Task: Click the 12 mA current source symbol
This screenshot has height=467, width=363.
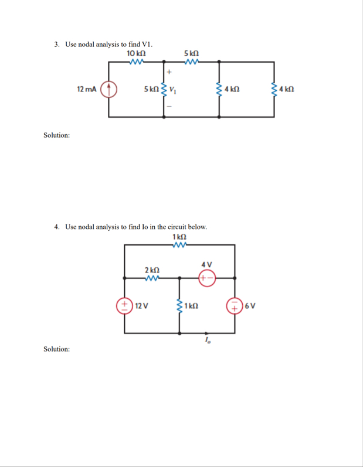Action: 108,90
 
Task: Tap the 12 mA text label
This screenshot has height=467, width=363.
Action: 87,90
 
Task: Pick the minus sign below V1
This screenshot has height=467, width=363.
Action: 169,107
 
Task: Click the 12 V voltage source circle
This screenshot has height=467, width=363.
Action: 125,305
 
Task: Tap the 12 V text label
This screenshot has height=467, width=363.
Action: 141,306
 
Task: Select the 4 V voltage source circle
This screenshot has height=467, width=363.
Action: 207,278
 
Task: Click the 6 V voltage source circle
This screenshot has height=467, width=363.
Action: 234,305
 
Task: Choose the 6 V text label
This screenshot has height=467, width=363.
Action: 250,306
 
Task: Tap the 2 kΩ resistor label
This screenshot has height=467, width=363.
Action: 151,270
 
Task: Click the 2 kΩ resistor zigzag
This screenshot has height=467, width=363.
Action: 151,278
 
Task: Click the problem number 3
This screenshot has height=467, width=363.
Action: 57,44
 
